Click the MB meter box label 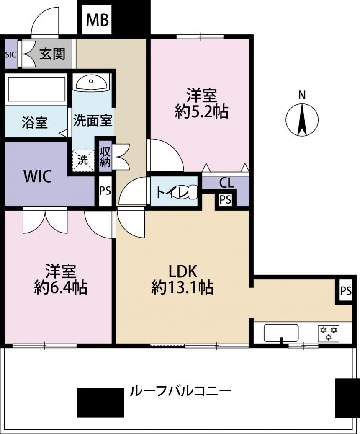click(98, 20)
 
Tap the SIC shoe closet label click(11, 54)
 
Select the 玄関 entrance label click(52, 54)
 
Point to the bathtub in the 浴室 click(36, 89)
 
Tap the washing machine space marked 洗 click(82, 160)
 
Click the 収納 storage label click(105, 157)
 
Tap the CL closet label click(226, 183)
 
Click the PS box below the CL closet click(225, 199)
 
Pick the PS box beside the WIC click(105, 191)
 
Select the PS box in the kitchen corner click(346, 290)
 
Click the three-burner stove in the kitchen click(329, 333)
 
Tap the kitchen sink click(281, 333)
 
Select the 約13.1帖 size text click(182, 287)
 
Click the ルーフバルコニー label click(180, 391)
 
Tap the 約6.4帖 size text click(61, 287)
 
